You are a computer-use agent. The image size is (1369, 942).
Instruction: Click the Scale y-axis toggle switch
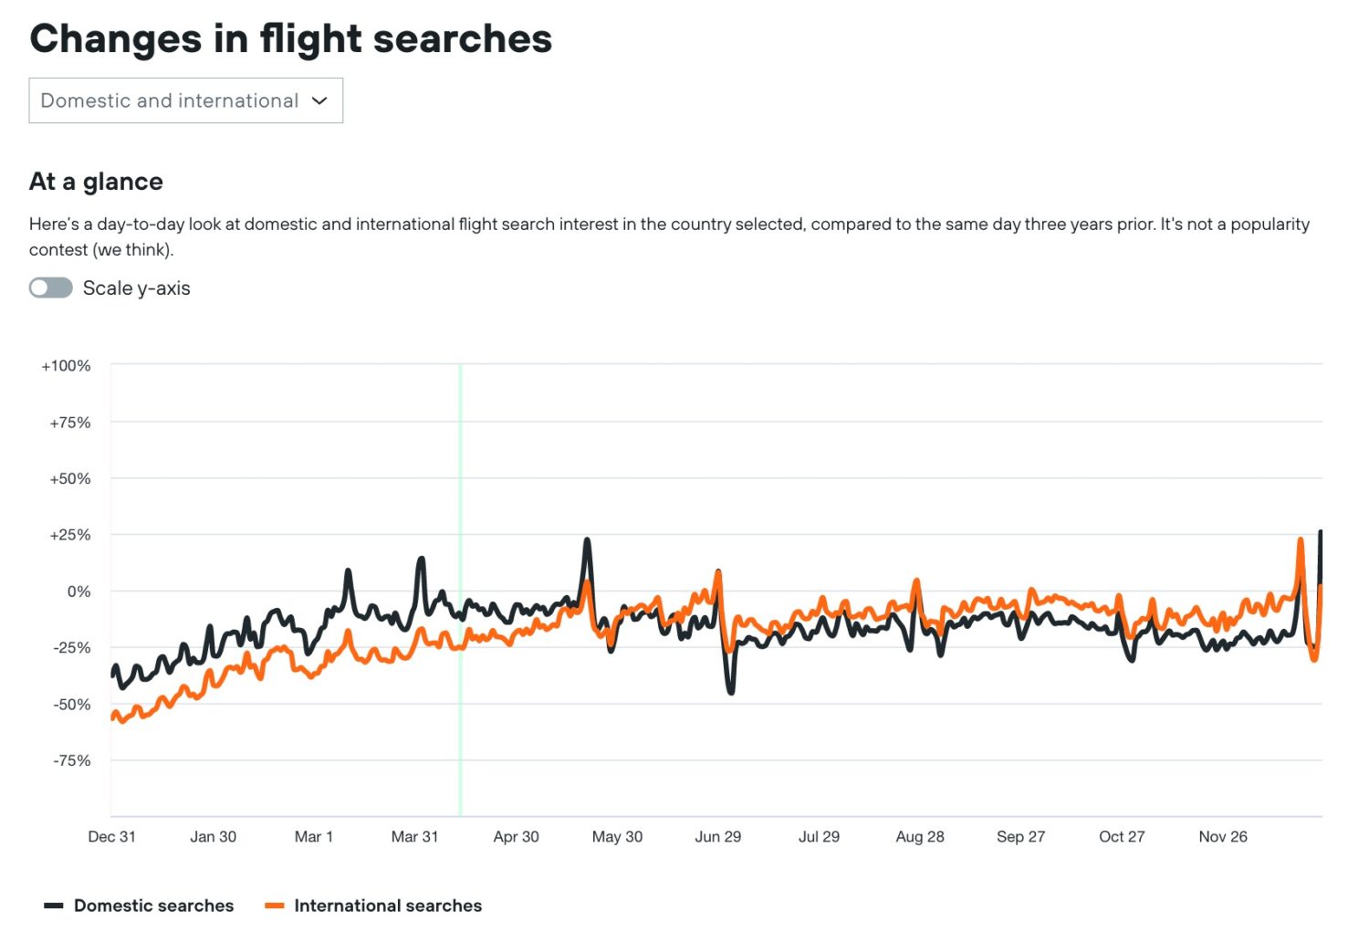click(51, 288)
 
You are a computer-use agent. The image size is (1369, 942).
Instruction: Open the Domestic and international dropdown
click(185, 100)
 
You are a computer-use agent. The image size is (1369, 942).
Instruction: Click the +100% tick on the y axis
click(66, 366)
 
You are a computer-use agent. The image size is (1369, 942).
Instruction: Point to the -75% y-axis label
click(71, 760)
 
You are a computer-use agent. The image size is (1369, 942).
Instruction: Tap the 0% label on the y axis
click(78, 591)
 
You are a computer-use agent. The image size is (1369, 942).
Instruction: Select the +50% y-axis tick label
click(69, 478)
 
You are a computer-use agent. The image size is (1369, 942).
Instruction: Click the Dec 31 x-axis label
click(111, 836)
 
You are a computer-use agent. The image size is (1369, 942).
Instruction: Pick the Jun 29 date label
click(717, 836)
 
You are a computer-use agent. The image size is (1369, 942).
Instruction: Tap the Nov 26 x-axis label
click(1222, 836)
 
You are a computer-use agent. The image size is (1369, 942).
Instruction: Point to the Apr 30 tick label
click(516, 836)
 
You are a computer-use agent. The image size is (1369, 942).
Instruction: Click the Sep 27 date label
click(1020, 836)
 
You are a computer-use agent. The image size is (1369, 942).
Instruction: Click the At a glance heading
click(96, 182)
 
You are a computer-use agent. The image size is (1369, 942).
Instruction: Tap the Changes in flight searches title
click(290, 39)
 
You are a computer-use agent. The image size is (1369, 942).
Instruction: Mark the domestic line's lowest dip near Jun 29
click(731, 692)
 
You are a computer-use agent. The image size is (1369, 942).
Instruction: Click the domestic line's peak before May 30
click(587, 540)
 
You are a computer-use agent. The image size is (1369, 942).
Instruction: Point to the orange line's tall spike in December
click(1300, 540)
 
